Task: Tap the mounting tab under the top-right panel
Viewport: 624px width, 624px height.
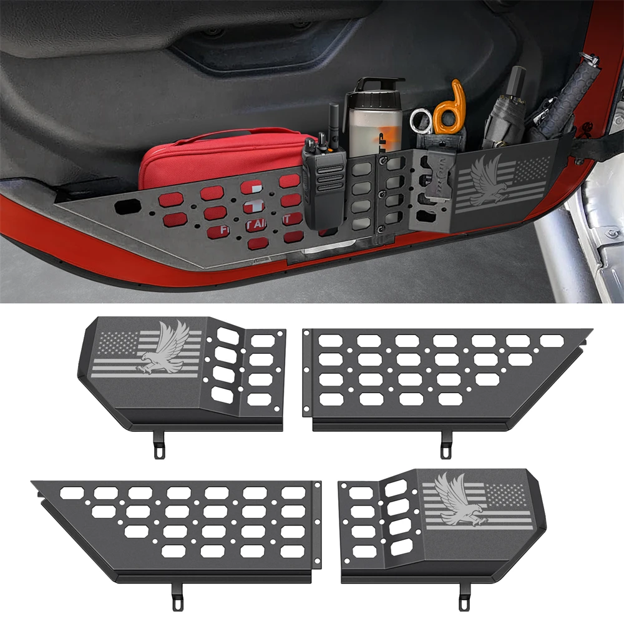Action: coord(446,446)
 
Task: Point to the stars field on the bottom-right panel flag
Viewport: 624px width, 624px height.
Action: coord(509,495)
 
